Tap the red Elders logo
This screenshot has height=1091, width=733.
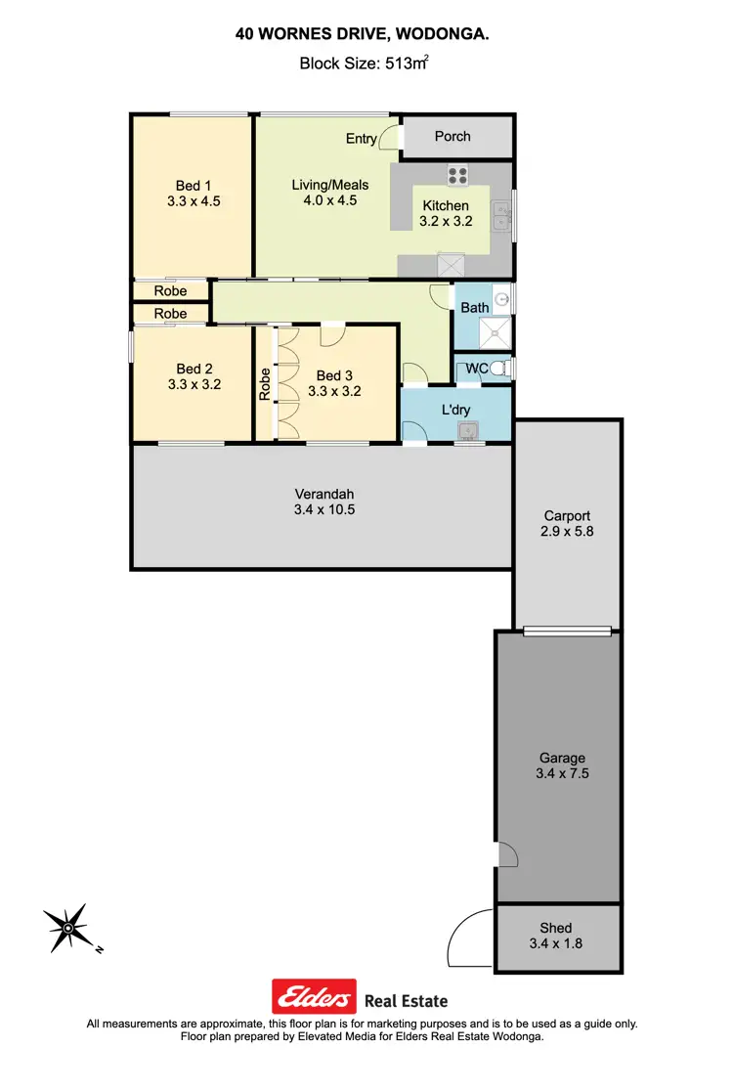coord(313,998)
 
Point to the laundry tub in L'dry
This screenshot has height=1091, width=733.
coord(470,430)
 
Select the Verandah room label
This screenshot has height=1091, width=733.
coord(320,493)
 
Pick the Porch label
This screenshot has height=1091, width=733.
coord(453,137)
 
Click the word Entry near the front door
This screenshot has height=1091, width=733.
coord(361,139)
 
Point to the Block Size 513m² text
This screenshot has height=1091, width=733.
coord(366,65)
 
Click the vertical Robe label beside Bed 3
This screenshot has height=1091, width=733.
coord(264,383)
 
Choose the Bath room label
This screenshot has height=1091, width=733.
coord(475,308)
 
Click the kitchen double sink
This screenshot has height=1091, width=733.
coord(501,215)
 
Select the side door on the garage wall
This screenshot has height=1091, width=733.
coord(506,854)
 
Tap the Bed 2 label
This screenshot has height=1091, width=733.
coord(194,369)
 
